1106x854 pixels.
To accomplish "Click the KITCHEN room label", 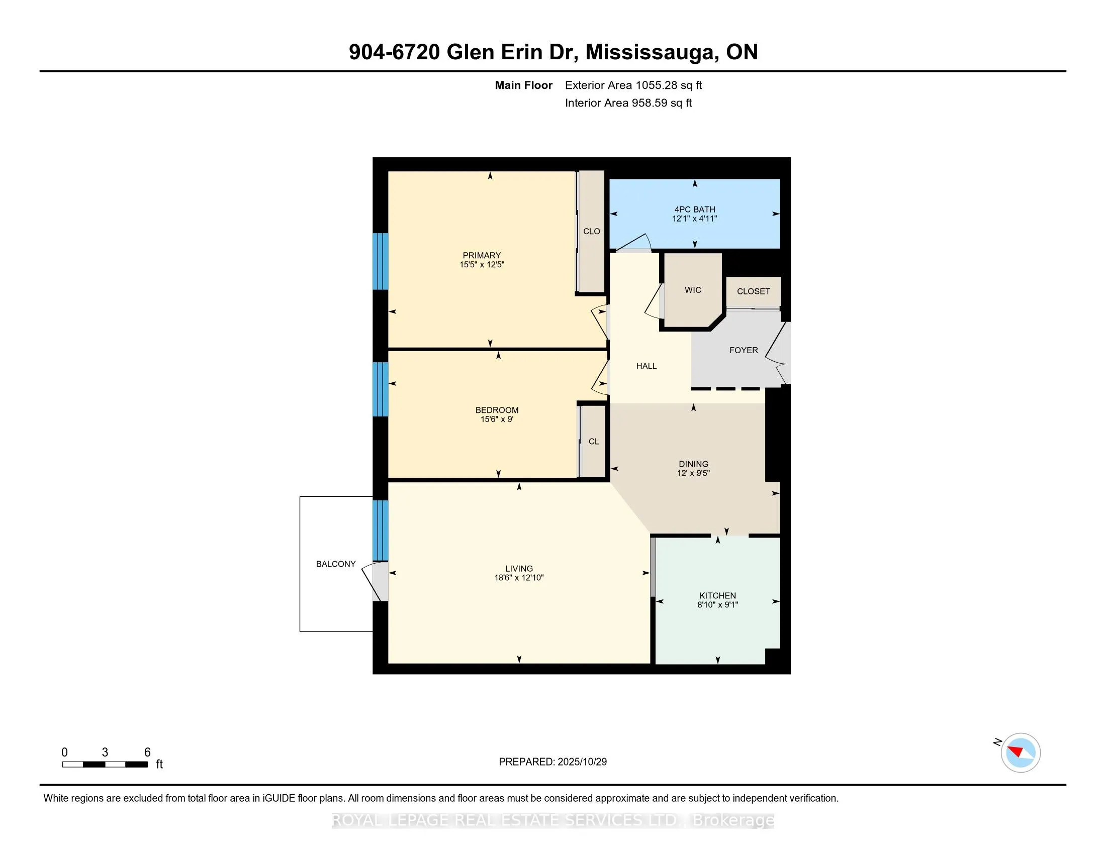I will (x=717, y=595).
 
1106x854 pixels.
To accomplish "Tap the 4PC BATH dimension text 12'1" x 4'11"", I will (x=694, y=219).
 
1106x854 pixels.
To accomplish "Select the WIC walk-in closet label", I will (x=692, y=290).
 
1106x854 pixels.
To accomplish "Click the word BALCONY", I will (x=335, y=564).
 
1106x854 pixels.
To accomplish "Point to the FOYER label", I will (x=743, y=350).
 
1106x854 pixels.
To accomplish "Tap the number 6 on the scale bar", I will (x=147, y=752).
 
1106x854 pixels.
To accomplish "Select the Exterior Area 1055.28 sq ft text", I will (x=633, y=85).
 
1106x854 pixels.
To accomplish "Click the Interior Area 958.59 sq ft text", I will (x=628, y=103).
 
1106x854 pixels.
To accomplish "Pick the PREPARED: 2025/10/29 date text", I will (x=552, y=762).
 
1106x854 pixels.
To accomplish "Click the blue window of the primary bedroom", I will (x=381, y=261).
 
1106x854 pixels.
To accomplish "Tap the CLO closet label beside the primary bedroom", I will (x=591, y=231).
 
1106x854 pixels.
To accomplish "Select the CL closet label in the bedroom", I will (x=594, y=441).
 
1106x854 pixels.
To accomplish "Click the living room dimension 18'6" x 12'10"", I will (x=519, y=578).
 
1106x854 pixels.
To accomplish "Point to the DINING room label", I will (x=693, y=464).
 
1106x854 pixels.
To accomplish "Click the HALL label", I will (x=646, y=366).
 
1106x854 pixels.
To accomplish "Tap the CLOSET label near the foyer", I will (x=753, y=291).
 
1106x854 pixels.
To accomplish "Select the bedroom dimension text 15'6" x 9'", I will (x=496, y=419).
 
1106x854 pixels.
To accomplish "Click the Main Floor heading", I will (x=523, y=85).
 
